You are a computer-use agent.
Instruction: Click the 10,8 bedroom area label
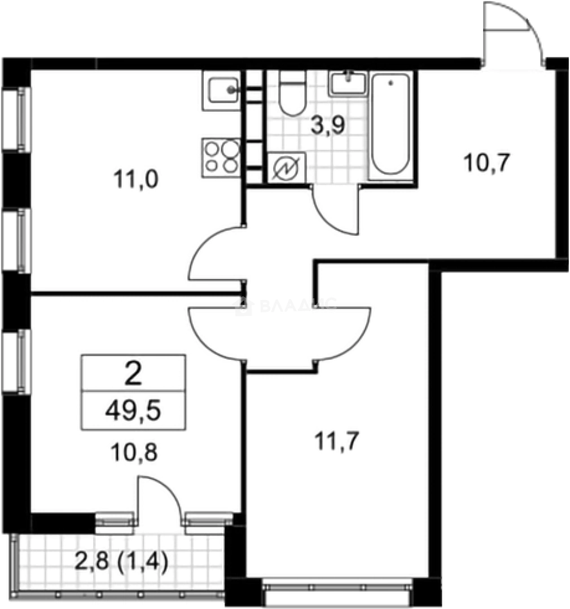133,452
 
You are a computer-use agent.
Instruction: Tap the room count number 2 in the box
133,374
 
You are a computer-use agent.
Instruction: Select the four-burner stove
222,157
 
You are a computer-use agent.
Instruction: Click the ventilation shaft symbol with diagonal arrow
286,168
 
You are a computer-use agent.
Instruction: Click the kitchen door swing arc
214,254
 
